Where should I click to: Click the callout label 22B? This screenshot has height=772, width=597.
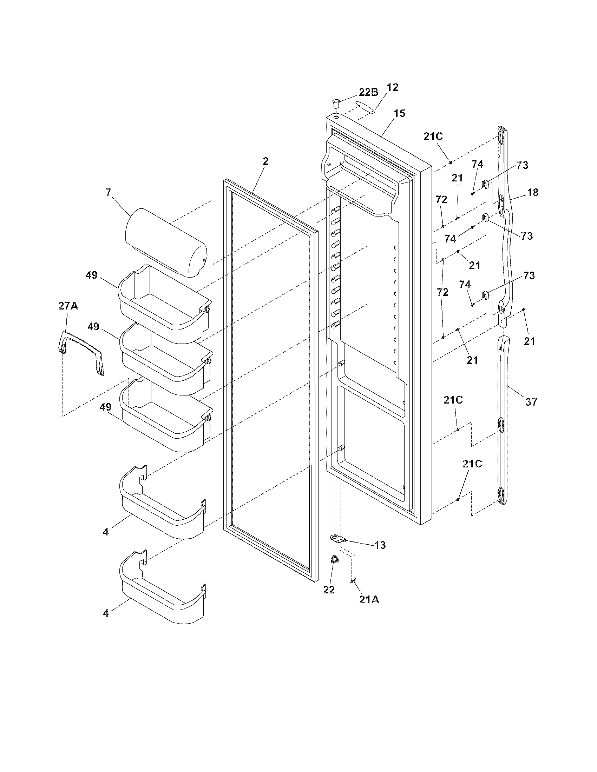click(368, 92)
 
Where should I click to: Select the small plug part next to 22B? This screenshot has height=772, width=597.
click(335, 104)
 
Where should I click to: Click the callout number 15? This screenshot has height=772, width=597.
click(399, 113)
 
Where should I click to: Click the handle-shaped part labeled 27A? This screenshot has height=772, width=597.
click(81, 352)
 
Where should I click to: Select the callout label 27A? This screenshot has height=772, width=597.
click(68, 306)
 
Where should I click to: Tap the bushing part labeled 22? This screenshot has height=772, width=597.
click(333, 559)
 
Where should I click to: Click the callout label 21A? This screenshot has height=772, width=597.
click(369, 600)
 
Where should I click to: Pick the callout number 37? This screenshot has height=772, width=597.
click(531, 401)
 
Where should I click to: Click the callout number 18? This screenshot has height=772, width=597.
click(533, 193)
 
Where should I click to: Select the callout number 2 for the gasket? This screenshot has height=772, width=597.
click(265, 161)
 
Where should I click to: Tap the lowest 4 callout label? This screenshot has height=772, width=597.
click(106, 613)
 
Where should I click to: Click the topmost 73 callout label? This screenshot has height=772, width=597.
click(522, 165)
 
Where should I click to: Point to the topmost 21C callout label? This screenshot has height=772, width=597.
click(433, 137)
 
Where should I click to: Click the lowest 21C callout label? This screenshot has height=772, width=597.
click(472, 464)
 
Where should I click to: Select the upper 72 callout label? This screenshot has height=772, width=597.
click(441, 200)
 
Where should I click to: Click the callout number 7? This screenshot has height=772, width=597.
click(108, 192)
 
